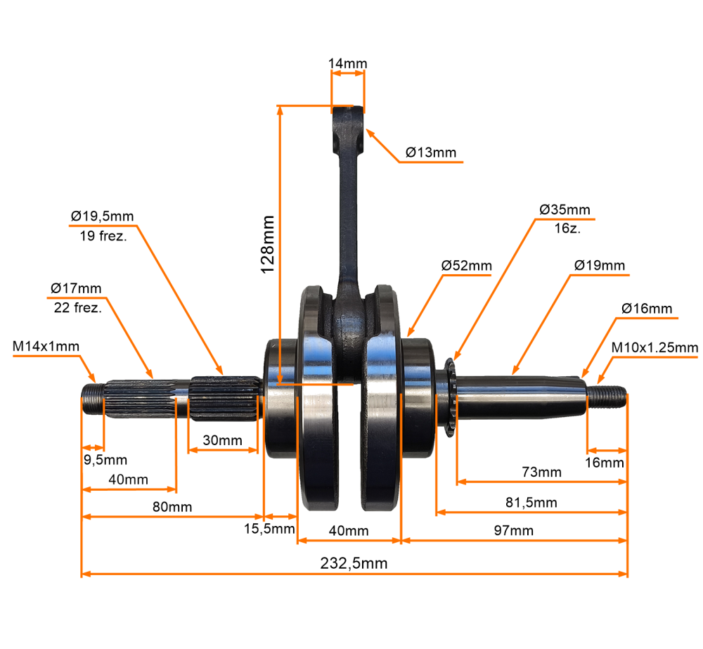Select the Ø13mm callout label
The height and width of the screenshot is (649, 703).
pos(431,153)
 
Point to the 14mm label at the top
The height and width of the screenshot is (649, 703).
pos(347,64)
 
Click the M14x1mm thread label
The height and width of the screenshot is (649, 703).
pos(46,346)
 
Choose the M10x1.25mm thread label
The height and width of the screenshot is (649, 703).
pos(654,347)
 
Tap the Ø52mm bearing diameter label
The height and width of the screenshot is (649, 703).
pos(467,266)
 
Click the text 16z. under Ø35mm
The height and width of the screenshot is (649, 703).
pos(564,229)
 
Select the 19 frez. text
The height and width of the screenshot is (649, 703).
pos(102,236)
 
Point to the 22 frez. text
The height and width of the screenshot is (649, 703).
pos(77,307)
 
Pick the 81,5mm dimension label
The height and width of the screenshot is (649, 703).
pos(531,502)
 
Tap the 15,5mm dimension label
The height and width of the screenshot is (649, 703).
pos(269,529)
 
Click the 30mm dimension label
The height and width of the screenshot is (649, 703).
pos(222,440)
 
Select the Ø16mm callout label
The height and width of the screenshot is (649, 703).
pos(647,309)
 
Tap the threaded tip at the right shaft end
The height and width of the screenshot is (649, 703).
pos(607,396)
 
